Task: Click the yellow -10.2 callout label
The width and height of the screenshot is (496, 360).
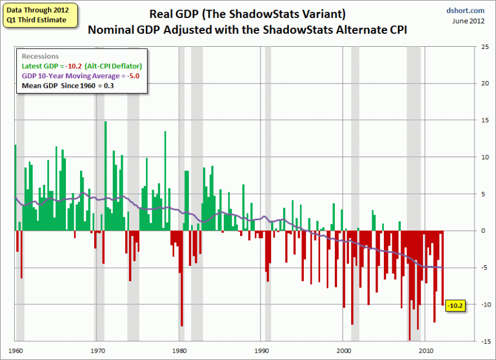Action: [x=455, y=305]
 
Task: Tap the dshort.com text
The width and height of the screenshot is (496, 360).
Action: [x=466, y=10]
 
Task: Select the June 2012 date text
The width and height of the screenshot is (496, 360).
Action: [x=468, y=21]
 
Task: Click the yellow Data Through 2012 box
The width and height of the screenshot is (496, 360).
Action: [x=37, y=15]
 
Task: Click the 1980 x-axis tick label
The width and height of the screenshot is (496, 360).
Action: [x=179, y=350]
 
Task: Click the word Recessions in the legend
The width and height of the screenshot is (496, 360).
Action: [x=40, y=56]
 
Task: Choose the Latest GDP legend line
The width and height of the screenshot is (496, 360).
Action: [x=82, y=66]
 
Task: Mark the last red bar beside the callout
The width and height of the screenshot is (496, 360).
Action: [x=442, y=268]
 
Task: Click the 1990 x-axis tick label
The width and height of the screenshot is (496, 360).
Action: [x=261, y=350]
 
